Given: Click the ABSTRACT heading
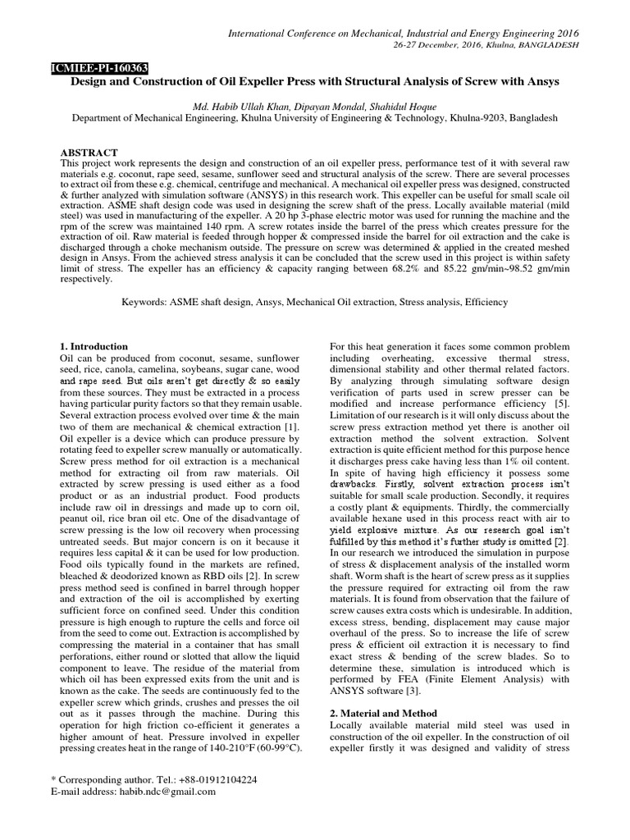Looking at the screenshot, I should pyautogui.click(x=89, y=153).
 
